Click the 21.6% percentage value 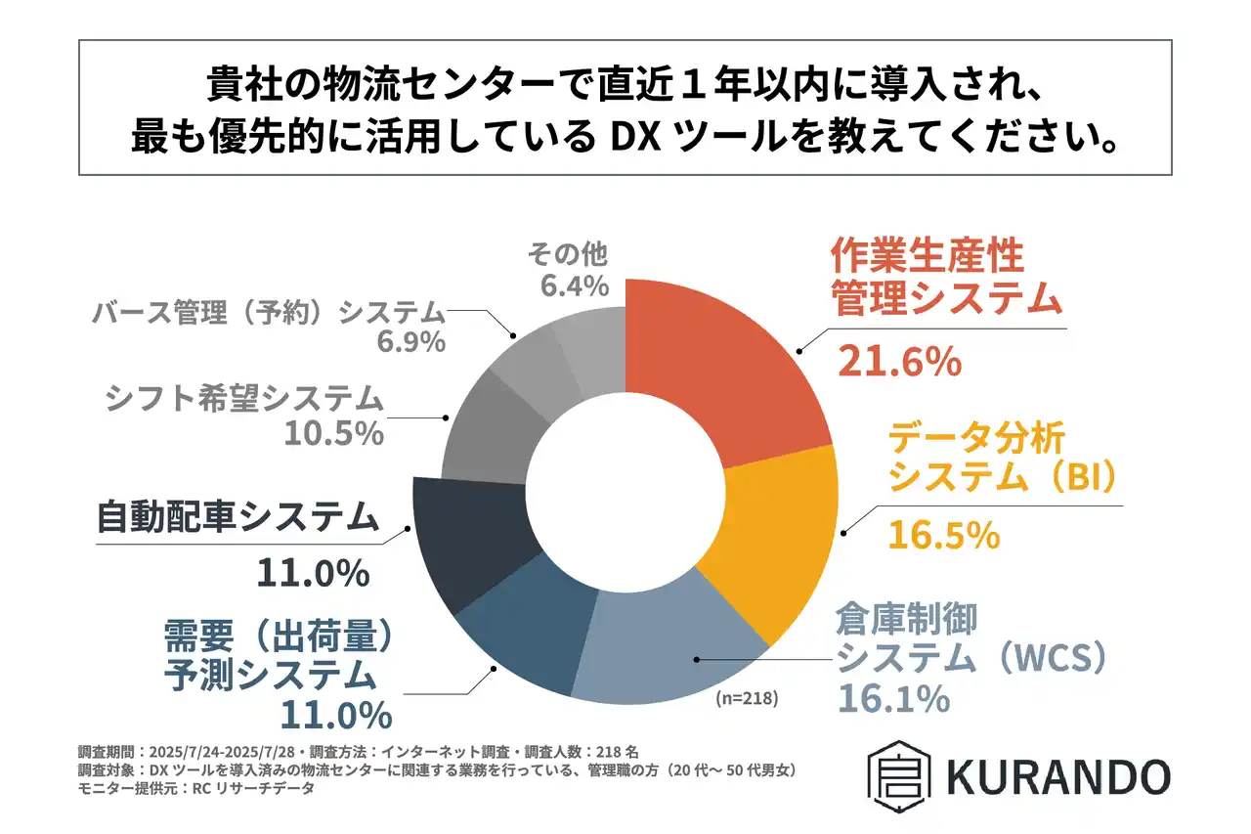click(900, 362)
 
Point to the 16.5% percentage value click(943, 535)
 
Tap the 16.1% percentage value click(893, 700)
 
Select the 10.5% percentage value click(333, 433)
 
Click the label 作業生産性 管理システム click(945, 279)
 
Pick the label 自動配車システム click(237, 517)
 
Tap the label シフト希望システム click(242, 399)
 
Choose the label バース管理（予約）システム click(269, 313)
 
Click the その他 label click(567, 256)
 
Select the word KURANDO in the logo click(1057, 777)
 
